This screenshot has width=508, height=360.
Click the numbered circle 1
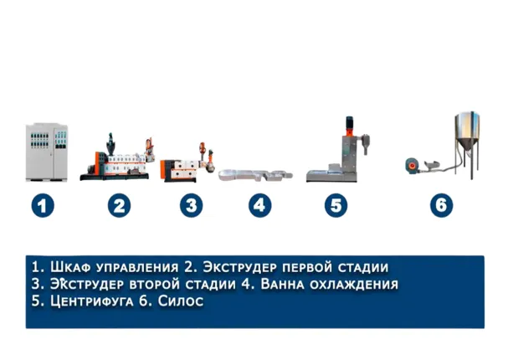pos(43,205)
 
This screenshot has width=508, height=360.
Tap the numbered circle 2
pos(119,205)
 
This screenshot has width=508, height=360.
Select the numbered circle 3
pos(192,205)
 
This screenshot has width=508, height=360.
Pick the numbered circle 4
pos(259,205)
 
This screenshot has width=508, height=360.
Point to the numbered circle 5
pos(336,205)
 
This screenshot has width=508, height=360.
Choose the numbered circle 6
pos(442,205)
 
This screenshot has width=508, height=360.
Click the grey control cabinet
pos(47,152)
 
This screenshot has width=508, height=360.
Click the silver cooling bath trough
pos(255,175)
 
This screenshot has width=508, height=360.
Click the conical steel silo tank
pos(467,142)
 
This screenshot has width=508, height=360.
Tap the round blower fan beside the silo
pos(412,165)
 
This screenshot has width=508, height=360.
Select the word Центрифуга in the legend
pos(92,301)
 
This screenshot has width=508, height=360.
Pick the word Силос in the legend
pos(181,301)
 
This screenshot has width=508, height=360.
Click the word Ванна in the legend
pos(283,284)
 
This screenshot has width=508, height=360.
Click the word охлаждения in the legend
pos(354,285)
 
